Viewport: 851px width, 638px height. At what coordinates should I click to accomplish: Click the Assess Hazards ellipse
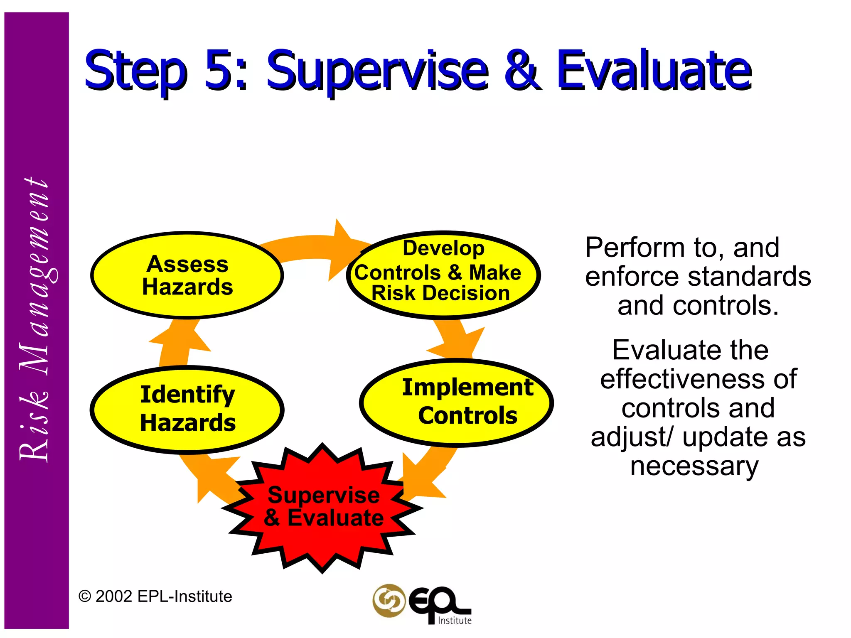tap(187, 275)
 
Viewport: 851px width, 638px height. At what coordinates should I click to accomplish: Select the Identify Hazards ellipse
tap(187, 409)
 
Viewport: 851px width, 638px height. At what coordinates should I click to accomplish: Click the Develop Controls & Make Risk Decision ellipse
tap(443, 275)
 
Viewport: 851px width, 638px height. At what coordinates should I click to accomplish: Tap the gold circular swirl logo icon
tap(389, 600)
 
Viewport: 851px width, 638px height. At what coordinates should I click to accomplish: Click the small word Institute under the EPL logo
tap(455, 621)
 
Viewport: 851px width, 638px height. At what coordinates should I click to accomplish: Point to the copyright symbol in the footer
tap(85, 597)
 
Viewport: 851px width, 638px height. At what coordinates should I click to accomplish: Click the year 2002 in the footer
tap(114, 596)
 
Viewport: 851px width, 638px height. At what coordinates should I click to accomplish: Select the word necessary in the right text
tap(694, 466)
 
